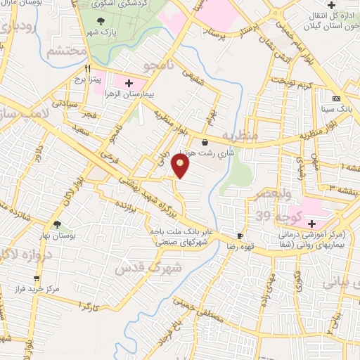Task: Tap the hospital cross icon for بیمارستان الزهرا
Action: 128,84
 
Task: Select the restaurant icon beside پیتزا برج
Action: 88,70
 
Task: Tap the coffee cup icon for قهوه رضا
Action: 240,236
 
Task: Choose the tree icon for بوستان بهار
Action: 57,225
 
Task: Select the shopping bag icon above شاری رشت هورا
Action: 204,142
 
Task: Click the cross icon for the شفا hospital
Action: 311,224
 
